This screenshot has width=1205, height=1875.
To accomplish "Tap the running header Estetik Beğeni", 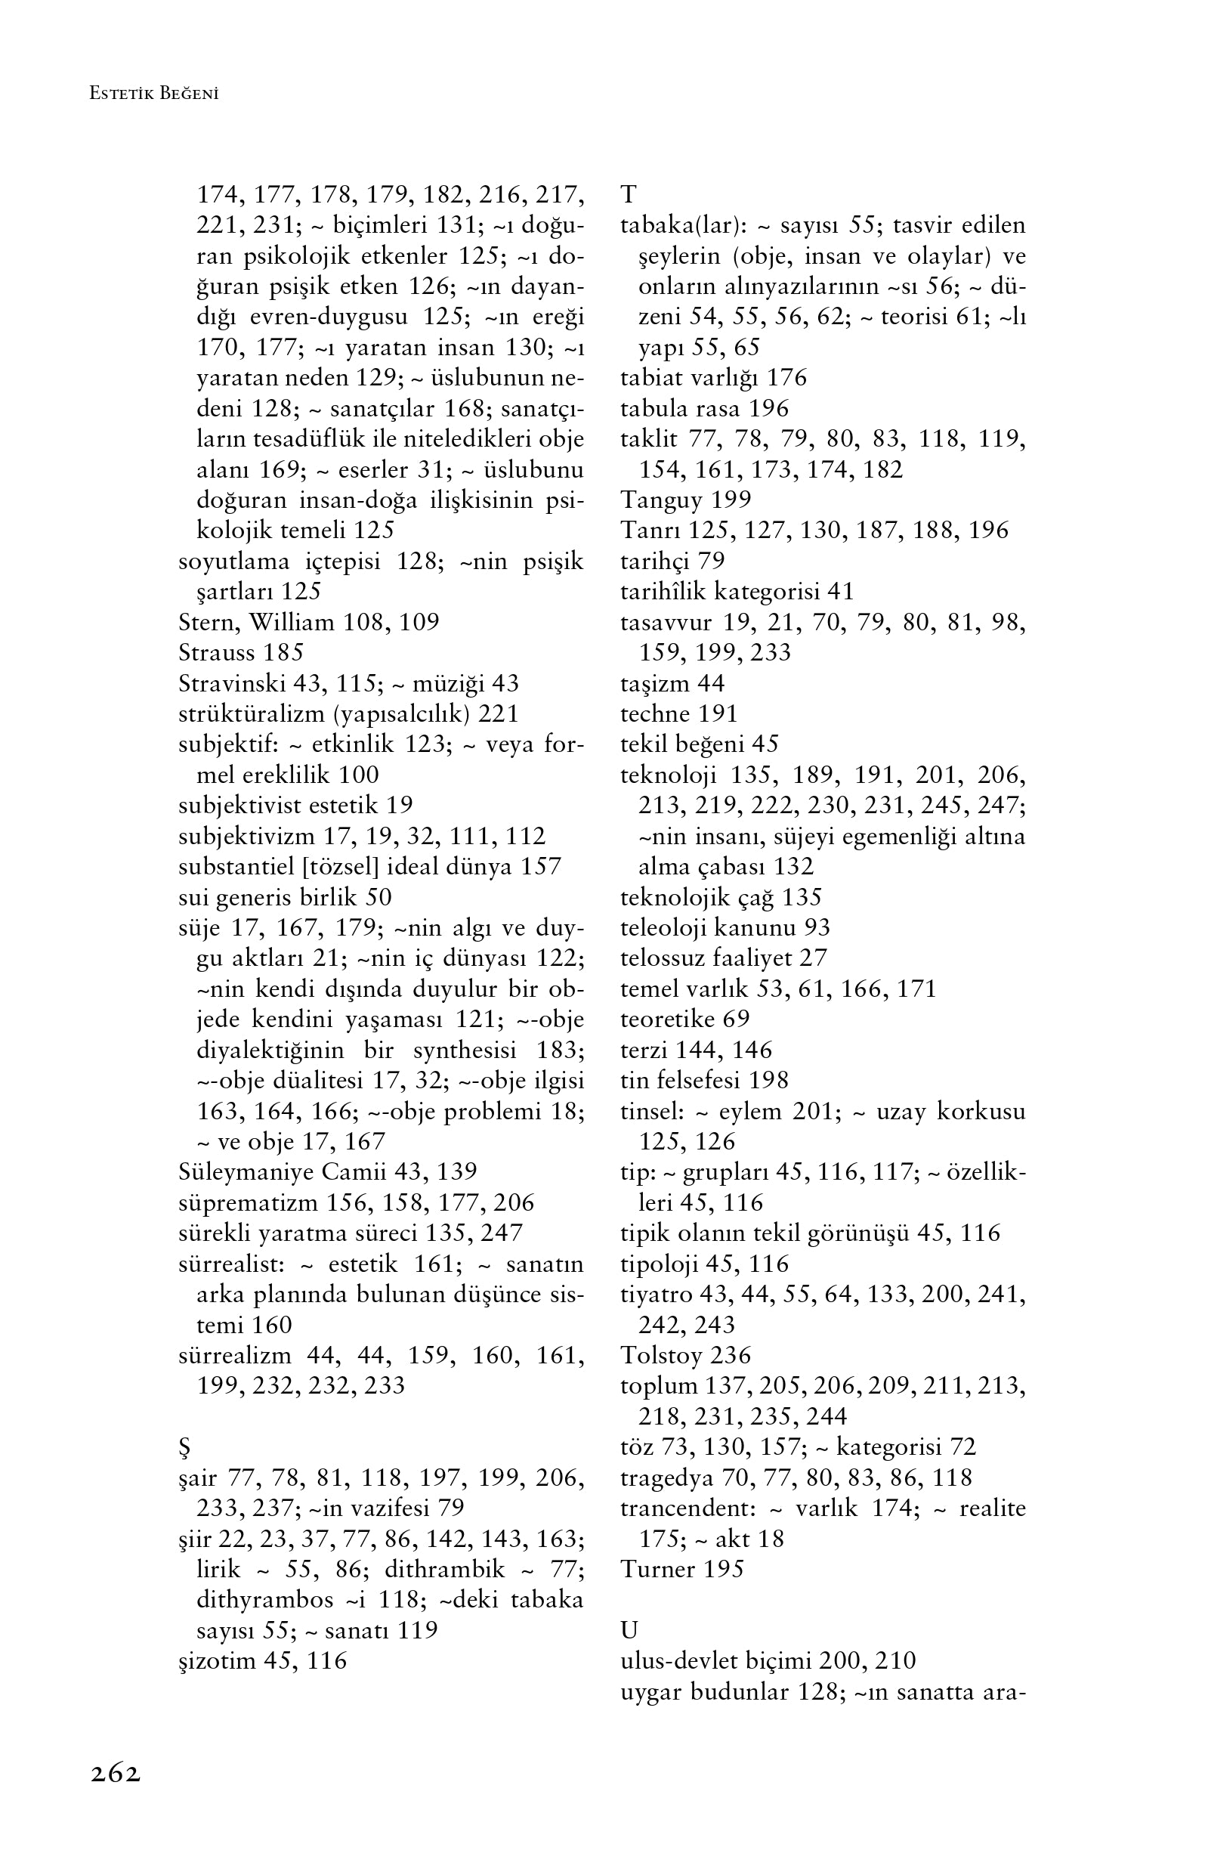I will [154, 94].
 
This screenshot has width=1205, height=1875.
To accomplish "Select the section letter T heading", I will [629, 194].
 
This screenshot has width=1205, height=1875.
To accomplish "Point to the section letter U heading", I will [629, 1630].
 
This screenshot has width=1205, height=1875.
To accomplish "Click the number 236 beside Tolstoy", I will [731, 1354].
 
